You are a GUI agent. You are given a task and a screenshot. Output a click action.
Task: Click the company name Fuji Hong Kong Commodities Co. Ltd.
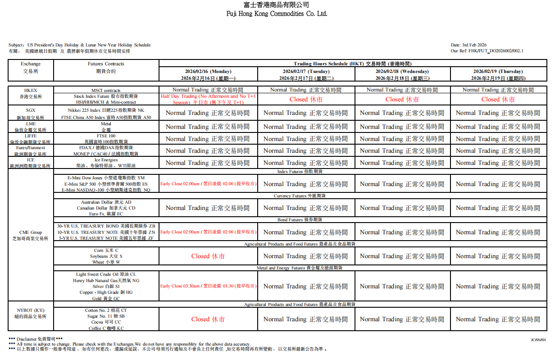[x=277, y=14]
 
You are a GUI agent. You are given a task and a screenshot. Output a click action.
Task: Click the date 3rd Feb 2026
[x=469, y=45]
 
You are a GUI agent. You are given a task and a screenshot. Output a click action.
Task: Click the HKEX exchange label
[x=31, y=91]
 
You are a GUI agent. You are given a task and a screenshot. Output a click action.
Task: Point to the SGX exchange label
[x=31, y=110]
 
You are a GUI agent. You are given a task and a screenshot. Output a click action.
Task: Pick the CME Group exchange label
[x=31, y=232]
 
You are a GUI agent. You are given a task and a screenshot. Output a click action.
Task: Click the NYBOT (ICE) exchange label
[x=31, y=310]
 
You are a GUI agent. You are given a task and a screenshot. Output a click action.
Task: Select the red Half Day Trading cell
[x=208, y=99]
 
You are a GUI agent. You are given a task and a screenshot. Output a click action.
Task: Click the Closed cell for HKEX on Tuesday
[x=306, y=100]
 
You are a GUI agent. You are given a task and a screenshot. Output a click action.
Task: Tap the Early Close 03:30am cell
[x=208, y=286]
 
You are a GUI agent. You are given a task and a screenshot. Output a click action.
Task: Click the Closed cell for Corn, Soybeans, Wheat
[x=208, y=256]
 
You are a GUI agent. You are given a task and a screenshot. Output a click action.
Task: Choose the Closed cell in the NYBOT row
[x=208, y=319]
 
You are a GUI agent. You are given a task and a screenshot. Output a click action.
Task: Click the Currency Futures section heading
[x=300, y=196]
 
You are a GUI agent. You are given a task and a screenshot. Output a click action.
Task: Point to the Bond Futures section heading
[x=300, y=220]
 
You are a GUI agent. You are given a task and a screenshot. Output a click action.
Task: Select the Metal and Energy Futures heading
[x=300, y=268]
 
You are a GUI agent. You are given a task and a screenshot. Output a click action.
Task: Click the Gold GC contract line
[x=106, y=298]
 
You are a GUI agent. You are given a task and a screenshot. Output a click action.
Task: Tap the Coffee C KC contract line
[x=106, y=328]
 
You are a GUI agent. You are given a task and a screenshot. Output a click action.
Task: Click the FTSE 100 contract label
[x=106, y=136]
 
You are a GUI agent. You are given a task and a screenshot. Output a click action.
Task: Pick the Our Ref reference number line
[x=487, y=51]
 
